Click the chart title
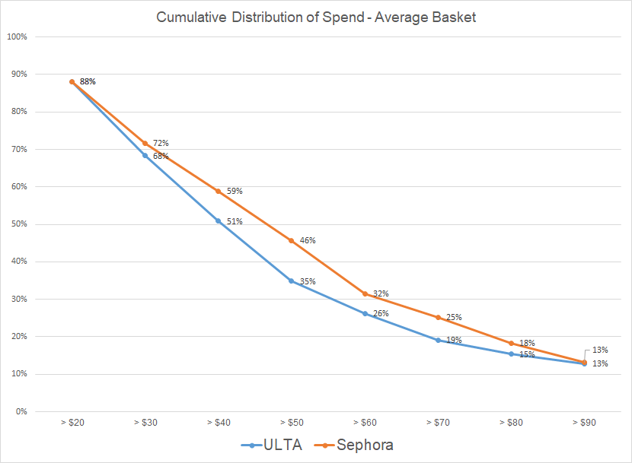pos(316,17)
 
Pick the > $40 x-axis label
pos(218,420)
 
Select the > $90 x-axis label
pos(584,420)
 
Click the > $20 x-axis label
pos(72,420)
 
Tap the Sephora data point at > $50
pos(292,240)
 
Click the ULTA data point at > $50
pos(292,281)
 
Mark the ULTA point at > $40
pos(219,220)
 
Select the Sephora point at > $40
pos(219,191)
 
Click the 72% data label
pos(160,143)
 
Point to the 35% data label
pos(308,281)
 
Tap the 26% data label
pos(381,313)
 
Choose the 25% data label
pos(454,317)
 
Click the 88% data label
pos(88,81)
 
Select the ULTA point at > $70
pos(438,340)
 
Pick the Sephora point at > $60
pos(365,293)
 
